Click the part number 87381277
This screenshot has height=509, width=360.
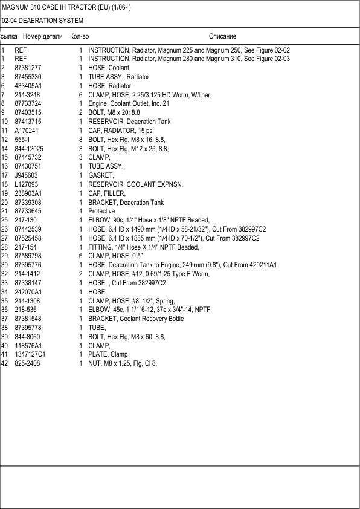pos(28,68)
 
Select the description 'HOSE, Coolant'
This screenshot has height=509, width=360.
pos(109,68)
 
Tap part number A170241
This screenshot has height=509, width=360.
pos(27,131)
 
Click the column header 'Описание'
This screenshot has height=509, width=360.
pos(222,37)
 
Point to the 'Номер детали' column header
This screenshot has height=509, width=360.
pos(42,37)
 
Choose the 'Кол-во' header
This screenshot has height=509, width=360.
pos(80,37)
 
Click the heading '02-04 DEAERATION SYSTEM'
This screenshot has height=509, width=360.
pos(43,21)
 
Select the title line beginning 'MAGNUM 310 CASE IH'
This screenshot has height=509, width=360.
pos(66,7)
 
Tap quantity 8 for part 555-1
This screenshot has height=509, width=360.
pos(80,140)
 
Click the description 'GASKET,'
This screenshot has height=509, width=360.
pos(100,175)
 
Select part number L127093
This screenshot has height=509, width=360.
pos(27,184)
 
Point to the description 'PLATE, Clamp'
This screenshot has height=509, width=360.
pos(108,354)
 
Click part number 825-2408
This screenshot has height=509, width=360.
pos(27,363)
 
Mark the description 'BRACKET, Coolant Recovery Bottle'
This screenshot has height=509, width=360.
pos(136,319)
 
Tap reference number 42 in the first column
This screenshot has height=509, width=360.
pos(4,363)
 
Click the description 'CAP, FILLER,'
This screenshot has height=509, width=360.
pos(106,193)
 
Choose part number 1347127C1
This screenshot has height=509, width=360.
pos(30,354)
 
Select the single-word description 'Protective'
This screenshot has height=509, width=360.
pos(101,211)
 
